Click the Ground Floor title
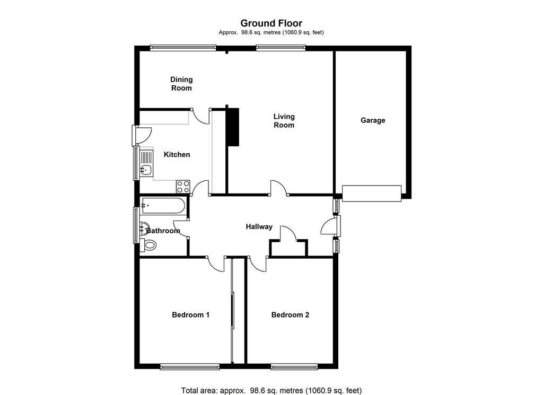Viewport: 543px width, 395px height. click(271, 23)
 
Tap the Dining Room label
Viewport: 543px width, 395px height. click(181, 84)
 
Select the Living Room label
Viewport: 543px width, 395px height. click(284, 121)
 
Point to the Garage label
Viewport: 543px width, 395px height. click(373, 120)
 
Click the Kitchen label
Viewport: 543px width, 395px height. click(177, 154)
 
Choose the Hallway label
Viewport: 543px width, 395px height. click(259, 227)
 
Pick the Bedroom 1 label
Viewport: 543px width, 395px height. click(190, 315)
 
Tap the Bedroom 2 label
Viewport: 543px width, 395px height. click(290, 315)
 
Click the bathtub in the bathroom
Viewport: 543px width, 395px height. click(163, 206)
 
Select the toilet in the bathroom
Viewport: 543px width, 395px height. click(148, 245)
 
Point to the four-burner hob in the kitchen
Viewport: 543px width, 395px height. click(183, 187)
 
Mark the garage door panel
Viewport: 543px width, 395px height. click(372, 193)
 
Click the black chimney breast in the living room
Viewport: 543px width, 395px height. click(233, 127)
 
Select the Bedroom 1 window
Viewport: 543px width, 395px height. click(190, 366)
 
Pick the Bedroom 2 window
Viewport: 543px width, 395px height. click(294, 366)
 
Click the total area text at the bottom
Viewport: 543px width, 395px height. click(271, 391)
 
